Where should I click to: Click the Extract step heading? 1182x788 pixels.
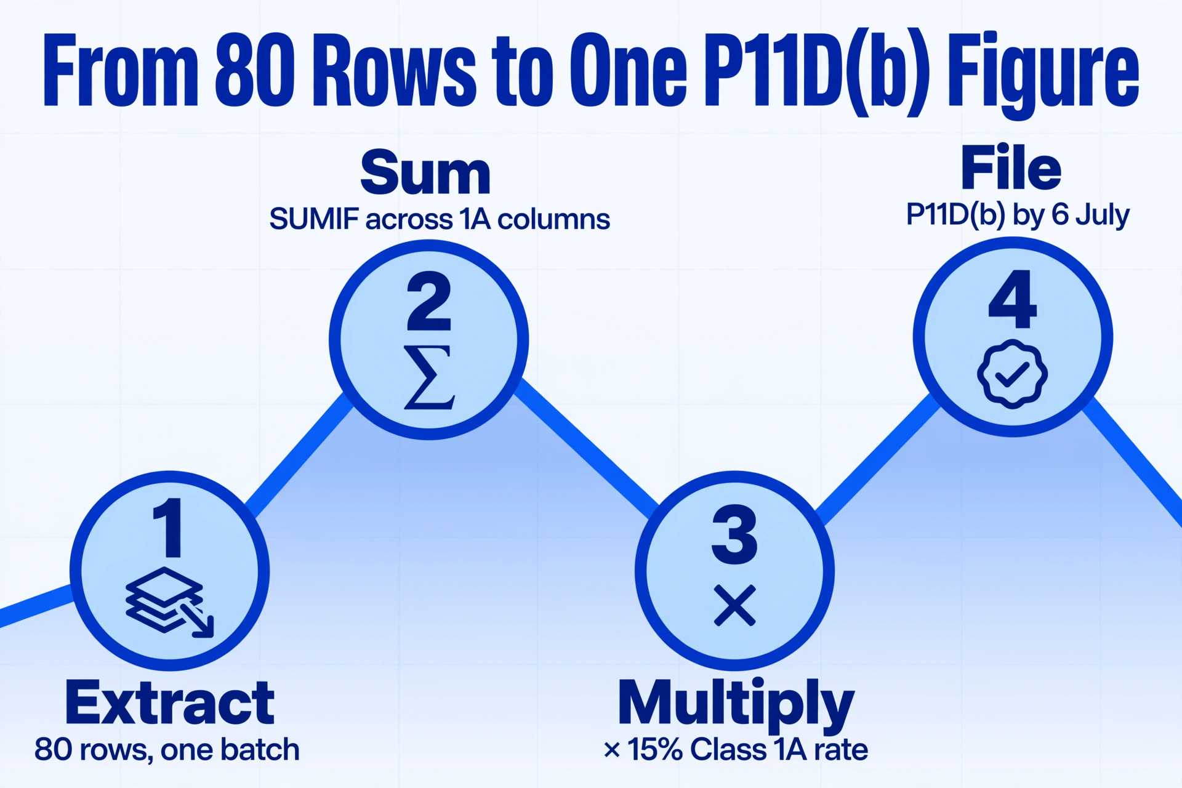pyautogui.click(x=170, y=703)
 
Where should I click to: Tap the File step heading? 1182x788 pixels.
pyautogui.click(x=1011, y=167)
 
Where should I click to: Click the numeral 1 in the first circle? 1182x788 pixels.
pyautogui.click(x=168, y=528)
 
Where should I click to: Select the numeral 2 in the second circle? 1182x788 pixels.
pyautogui.click(x=429, y=302)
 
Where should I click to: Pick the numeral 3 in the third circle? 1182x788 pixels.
pyautogui.click(x=734, y=534)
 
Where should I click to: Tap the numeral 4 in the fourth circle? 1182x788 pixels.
pyautogui.click(x=1013, y=299)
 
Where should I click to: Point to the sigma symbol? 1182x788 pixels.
pyautogui.click(x=429, y=377)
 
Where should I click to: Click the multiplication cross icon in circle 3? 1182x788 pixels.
pyautogui.click(x=734, y=606)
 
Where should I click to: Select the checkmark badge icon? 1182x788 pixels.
pyautogui.click(x=1012, y=374)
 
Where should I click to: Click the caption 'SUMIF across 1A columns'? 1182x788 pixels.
pyautogui.click(x=440, y=219)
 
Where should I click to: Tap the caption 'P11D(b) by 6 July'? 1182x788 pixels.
pyautogui.click(x=1018, y=215)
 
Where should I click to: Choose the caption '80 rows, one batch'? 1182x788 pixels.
pyautogui.click(x=167, y=750)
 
